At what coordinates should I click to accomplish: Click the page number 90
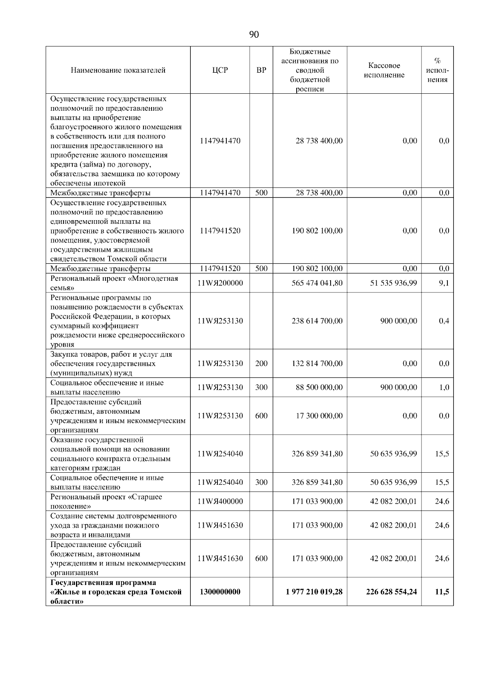(254, 35)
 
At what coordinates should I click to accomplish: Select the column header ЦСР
(220, 70)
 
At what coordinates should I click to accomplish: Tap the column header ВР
(261, 70)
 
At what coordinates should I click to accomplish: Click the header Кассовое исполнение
(384, 70)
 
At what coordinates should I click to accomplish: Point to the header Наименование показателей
(118, 70)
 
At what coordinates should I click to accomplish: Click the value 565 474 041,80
(317, 283)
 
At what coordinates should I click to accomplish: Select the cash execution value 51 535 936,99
(393, 283)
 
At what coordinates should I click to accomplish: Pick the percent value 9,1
(444, 283)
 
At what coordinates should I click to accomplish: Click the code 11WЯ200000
(220, 283)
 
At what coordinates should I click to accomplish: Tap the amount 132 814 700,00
(317, 363)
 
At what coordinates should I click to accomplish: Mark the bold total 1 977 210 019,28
(314, 592)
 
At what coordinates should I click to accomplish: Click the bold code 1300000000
(220, 592)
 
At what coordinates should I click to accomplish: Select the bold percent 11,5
(442, 592)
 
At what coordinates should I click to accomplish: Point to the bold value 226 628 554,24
(391, 592)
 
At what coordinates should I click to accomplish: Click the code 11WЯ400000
(220, 501)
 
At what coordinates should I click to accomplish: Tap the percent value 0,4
(444, 321)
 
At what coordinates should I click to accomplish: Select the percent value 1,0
(444, 387)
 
